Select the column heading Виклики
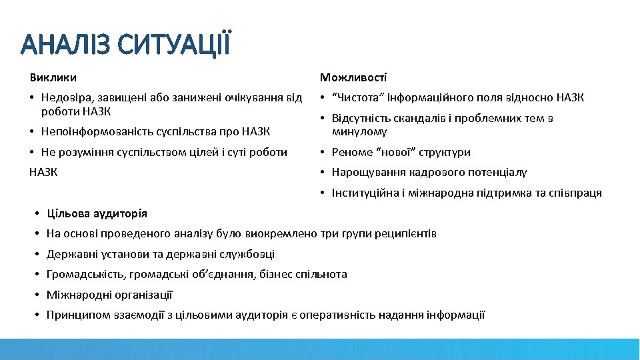[53, 78]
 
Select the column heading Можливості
[353, 78]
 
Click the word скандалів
[421, 119]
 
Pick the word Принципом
[73, 315]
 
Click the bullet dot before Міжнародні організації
[38, 295]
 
